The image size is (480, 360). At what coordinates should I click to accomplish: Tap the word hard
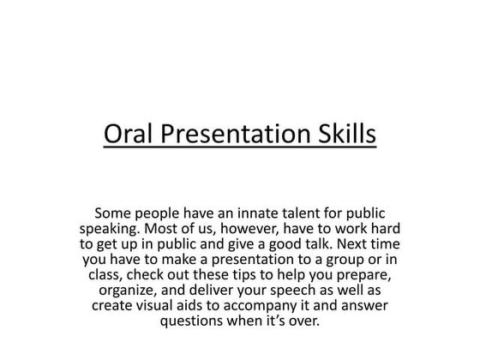coord(384,230)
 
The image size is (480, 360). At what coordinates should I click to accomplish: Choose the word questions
coord(193,322)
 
